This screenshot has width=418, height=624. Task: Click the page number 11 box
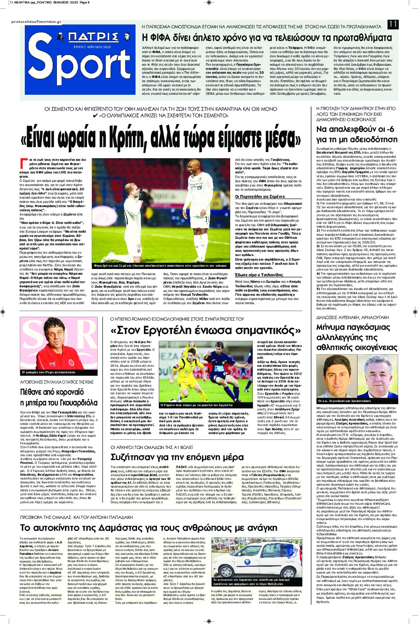pos(393,24)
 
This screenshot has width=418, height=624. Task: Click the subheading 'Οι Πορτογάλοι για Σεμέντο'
pos(260,196)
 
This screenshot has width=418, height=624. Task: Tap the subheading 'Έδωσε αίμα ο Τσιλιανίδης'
pos(259,275)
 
